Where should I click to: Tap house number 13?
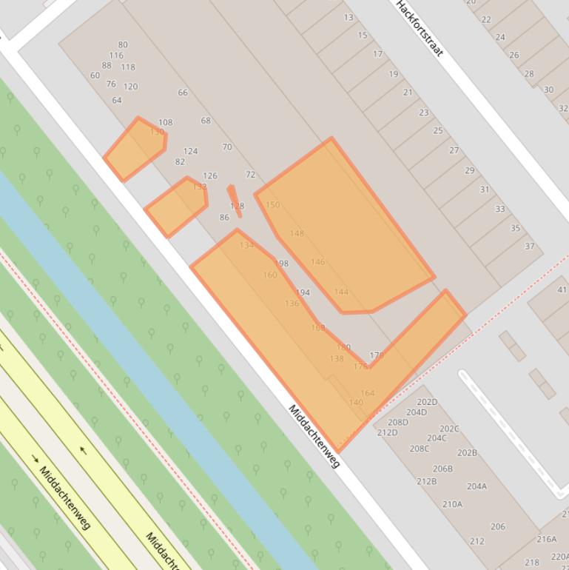click(x=349, y=17)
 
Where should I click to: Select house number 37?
click(x=530, y=246)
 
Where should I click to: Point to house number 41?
click(x=562, y=289)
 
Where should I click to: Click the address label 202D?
click(x=427, y=402)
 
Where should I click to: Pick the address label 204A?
click(x=477, y=486)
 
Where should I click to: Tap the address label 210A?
click(x=452, y=504)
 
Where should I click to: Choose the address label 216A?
click(x=546, y=539)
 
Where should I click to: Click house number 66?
click(x=183, y=93)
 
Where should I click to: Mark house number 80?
click(x=123, y=44)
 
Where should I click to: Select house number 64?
click(x=117, y=100)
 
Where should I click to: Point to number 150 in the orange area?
click(x=273, y=204)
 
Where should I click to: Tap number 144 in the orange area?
click(x=341, y=292)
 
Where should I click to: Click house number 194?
click(x=303, y=292)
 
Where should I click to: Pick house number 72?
click(x=250, y=175)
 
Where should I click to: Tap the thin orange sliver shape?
click(x=235, y=200)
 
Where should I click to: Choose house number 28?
click(x=528, y=73)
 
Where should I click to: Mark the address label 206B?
click(x=442, y=469)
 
